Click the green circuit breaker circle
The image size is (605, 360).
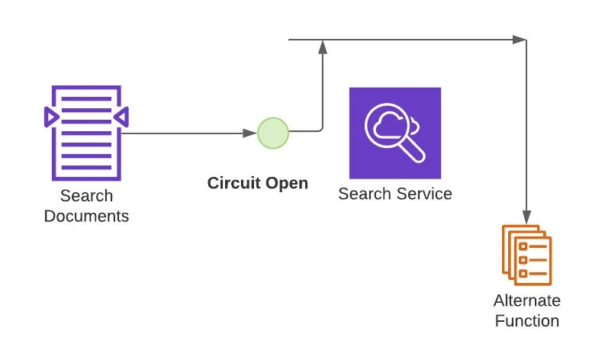(273, 133)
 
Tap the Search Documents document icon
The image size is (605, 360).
(86, 133)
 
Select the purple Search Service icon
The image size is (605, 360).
(395, 133)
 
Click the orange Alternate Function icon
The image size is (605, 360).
(526, 255)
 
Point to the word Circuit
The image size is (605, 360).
(233, 183)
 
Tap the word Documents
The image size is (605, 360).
(86, 216)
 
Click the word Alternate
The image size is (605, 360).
(527, 301)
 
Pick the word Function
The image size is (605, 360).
(527, 320)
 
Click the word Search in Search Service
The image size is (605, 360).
(365, 194)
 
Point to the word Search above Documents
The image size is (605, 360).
(86, 196)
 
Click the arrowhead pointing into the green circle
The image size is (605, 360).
(250, 133)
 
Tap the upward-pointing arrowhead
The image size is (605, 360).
(323, 47)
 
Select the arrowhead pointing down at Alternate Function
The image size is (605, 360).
(526, 217)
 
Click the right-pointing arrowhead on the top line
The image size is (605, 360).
(520, 40)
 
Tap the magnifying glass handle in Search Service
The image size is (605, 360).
(413, 149)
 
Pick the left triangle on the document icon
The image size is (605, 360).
(51, 117)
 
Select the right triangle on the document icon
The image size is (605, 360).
(121, 117)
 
